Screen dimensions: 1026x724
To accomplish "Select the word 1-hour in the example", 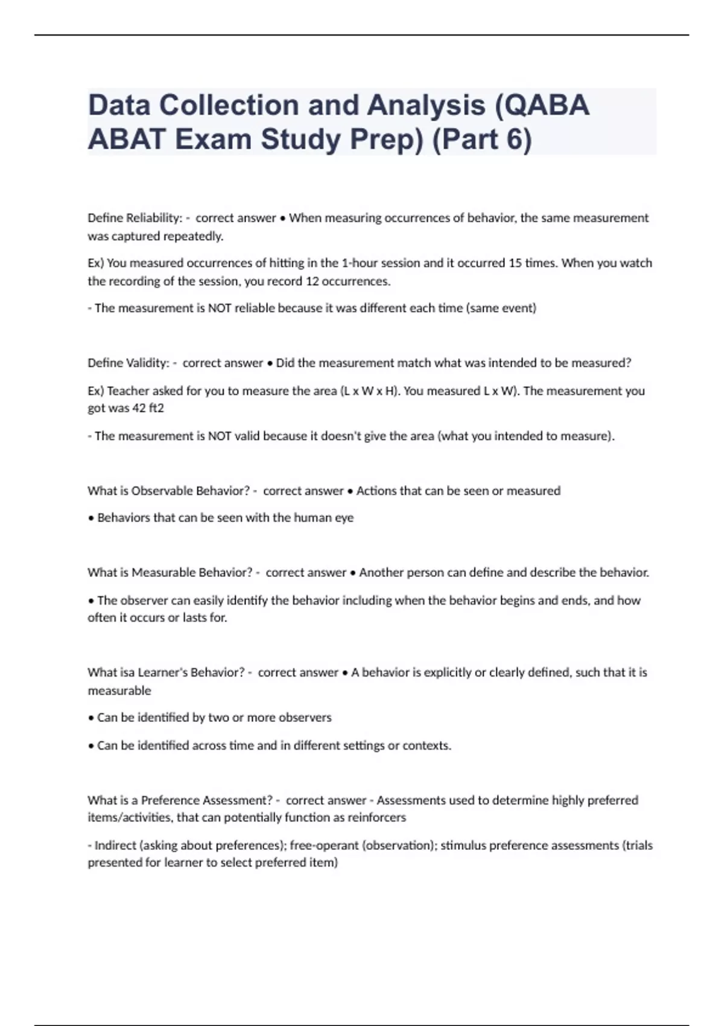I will [x=361, y=263].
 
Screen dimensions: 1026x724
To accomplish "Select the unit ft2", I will [x=156, y=408].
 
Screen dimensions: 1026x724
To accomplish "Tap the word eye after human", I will [x=345, y=518].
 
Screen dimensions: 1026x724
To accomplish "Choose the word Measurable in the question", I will [x=164, y=572].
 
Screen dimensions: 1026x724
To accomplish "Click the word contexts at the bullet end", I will [x=427, y=746].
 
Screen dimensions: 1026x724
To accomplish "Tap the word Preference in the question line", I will [x=170, y=800].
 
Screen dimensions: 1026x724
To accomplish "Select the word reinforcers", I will [x=376, y=818].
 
